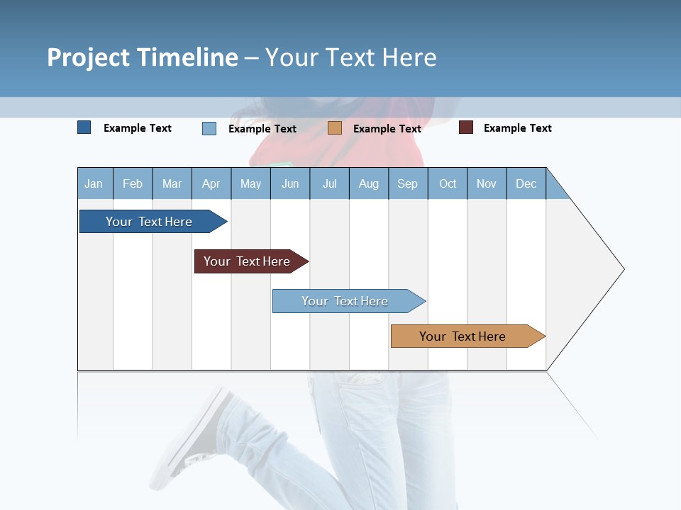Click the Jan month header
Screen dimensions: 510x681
(x=94, y=183)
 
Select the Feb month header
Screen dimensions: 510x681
(x=133, y=183)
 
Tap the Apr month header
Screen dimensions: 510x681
(x=211, y=183)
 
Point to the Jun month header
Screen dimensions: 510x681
(x=290, y=183)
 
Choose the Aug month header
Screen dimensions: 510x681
(x=369, y=183)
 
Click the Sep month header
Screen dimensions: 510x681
(x=408, y=183)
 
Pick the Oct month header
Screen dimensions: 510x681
(x=448, y=183)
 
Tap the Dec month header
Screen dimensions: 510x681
(x=526, y=183)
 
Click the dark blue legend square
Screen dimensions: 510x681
(x=84, y=127)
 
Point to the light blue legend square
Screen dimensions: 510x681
(x=209, y=128)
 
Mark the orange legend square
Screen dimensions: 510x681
(x=335, y=128)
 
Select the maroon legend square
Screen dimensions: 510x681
(x=466, y=127)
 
